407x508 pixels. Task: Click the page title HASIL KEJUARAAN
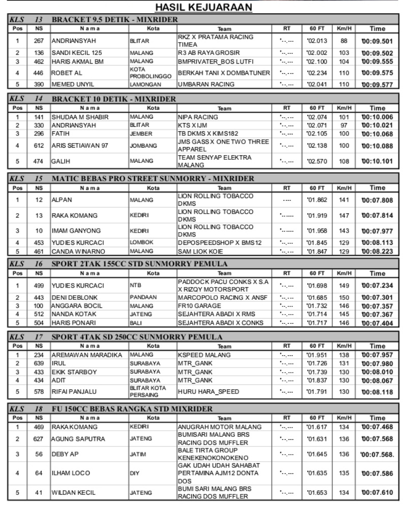click(x=203, y=8)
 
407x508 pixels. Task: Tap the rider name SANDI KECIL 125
click(x=76, y=53)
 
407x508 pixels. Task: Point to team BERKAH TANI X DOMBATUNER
click(x=224, y=73)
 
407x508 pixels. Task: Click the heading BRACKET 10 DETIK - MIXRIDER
click(x=114, y=99)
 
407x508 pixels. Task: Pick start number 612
click(x=39, y=146)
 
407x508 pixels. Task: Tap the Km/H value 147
click(x=344, y=216)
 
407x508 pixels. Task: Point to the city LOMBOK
click(x=141, y=243)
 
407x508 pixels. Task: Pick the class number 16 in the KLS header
click(x=39, y=264)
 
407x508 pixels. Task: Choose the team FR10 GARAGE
click(x=199, y=306)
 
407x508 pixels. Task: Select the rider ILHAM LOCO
click(x=71, y=473)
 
